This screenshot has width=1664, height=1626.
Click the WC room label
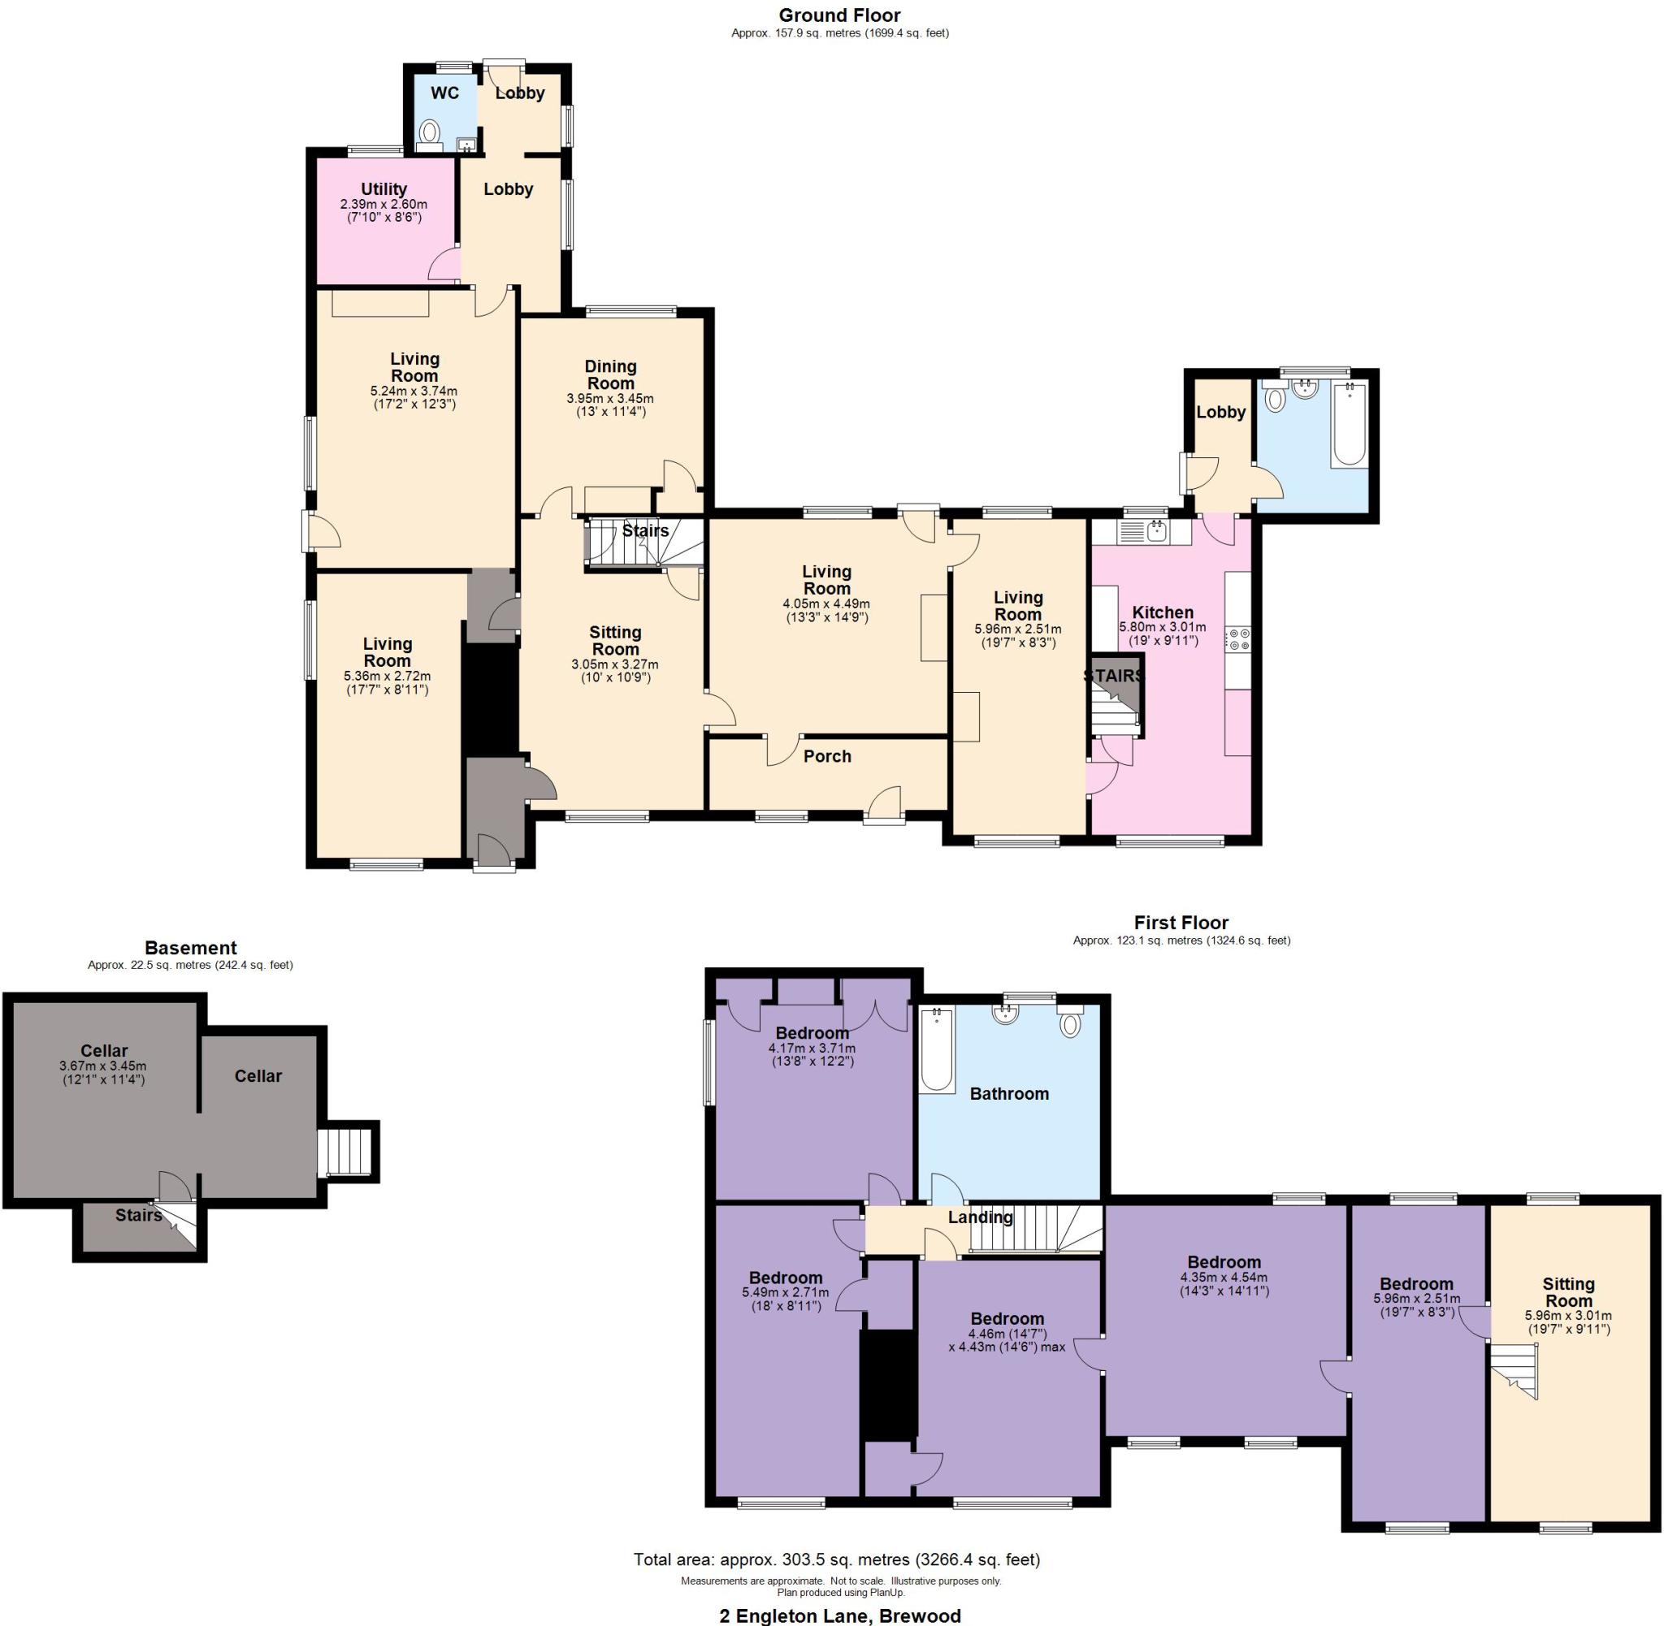pyautogui.click(x=444, y=93)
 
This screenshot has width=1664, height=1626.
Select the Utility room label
pyautogui.click(x=383, y=188)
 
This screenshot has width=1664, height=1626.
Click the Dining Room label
pyautogui.click(x=610, y=375)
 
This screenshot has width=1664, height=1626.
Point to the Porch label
pyautogui.click(x=827, y=756)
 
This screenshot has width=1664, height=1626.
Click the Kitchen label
pyautogui.click(x=1162, y=612)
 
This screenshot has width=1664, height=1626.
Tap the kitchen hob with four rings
pyautogui.click(x=1238, y=638)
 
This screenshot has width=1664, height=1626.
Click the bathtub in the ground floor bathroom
pyautogui.click(x=1349, y=425)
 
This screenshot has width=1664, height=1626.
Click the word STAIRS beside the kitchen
pyautogui.click(x=1113, y=676)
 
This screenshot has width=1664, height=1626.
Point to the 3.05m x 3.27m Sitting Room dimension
pyautogui.click(x=614, y=664)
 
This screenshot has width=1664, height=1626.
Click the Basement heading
pyautogui.click(x=190, y=947)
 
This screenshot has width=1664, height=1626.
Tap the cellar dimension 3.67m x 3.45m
pyautogui.click(x=102, y=1066)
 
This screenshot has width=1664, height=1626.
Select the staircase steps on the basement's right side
pyautogui.click(x=347, y=1152)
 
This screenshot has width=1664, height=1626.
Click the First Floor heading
pyautogui.click(x=1181, y=923)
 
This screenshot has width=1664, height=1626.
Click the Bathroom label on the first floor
pyautogui.click(x=1009, y=1094)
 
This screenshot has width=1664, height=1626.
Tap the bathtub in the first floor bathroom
pyautogui.click(x=937, y=1049)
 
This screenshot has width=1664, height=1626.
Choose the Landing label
pyautogui.click(x=980, y=1217)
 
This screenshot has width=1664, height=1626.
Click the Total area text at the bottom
pyautogui.click(x=836, y=1559)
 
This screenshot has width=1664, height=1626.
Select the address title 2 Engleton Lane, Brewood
pyautogui.click(x=839, y=1615)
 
